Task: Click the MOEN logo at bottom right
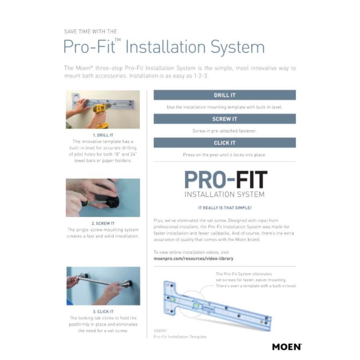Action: (286, 346)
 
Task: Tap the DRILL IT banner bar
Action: (224, 95)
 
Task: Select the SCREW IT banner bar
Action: (224, 119)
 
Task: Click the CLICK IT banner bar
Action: (224, 143)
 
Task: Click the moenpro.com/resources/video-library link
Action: (193, 258)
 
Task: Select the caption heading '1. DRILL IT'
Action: (103, 135)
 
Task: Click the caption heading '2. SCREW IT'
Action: (103, 223)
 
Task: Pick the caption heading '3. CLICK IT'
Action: (103, 312)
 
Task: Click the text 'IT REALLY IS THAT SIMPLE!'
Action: (224, 208)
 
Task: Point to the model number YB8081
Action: (160, 330)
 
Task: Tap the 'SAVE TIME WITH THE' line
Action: (90, 31)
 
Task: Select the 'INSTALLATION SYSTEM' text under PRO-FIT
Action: (224, 194)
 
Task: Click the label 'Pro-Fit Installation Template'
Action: (180, 337)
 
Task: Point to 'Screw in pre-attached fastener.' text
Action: (224, 131)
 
